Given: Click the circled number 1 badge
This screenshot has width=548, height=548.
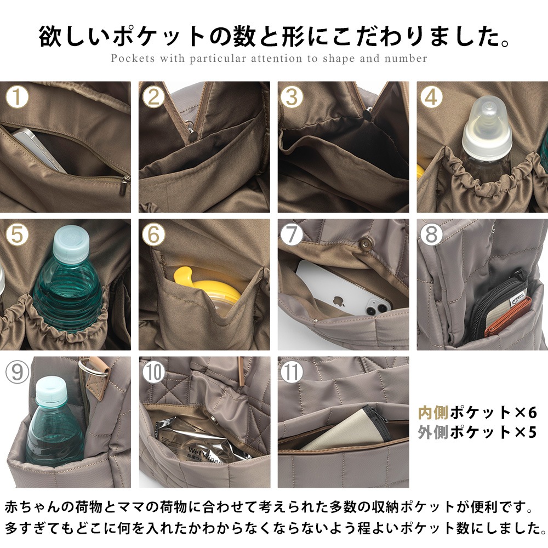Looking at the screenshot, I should pos(18,97).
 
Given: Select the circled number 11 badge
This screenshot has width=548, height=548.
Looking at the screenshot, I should pos(292,372).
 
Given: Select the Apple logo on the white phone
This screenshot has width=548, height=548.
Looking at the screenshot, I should pos(338,301).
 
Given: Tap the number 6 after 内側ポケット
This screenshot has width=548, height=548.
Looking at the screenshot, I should pos(530,412).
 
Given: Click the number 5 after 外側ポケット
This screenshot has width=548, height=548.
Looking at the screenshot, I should pos(530,432).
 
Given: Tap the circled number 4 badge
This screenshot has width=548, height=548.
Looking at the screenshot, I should pos(432,97).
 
